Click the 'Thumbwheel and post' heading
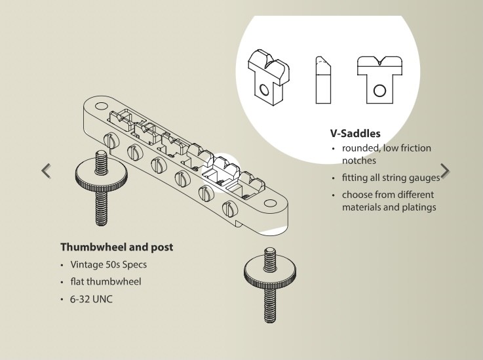[117, 248]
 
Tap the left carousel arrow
[46, 170]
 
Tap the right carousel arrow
[446, 170]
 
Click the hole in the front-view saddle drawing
[378, 90]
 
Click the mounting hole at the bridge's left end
[102, 106]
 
